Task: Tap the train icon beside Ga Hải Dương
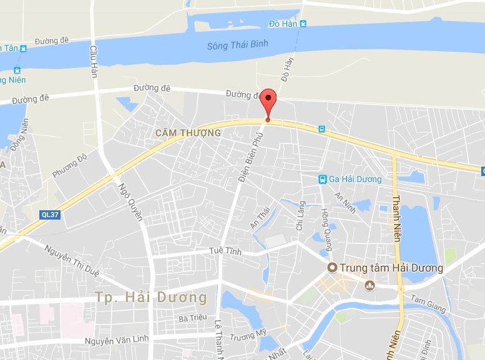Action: click(x=322, y=179)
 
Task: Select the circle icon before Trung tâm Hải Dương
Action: click(x=333, y=268)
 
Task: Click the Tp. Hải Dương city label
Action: click(x=151, y=298)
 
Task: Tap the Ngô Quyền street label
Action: click(x=134, y=201)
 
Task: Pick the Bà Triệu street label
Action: click(x=192, y=318)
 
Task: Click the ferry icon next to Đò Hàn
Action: click(x=303, y=24)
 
